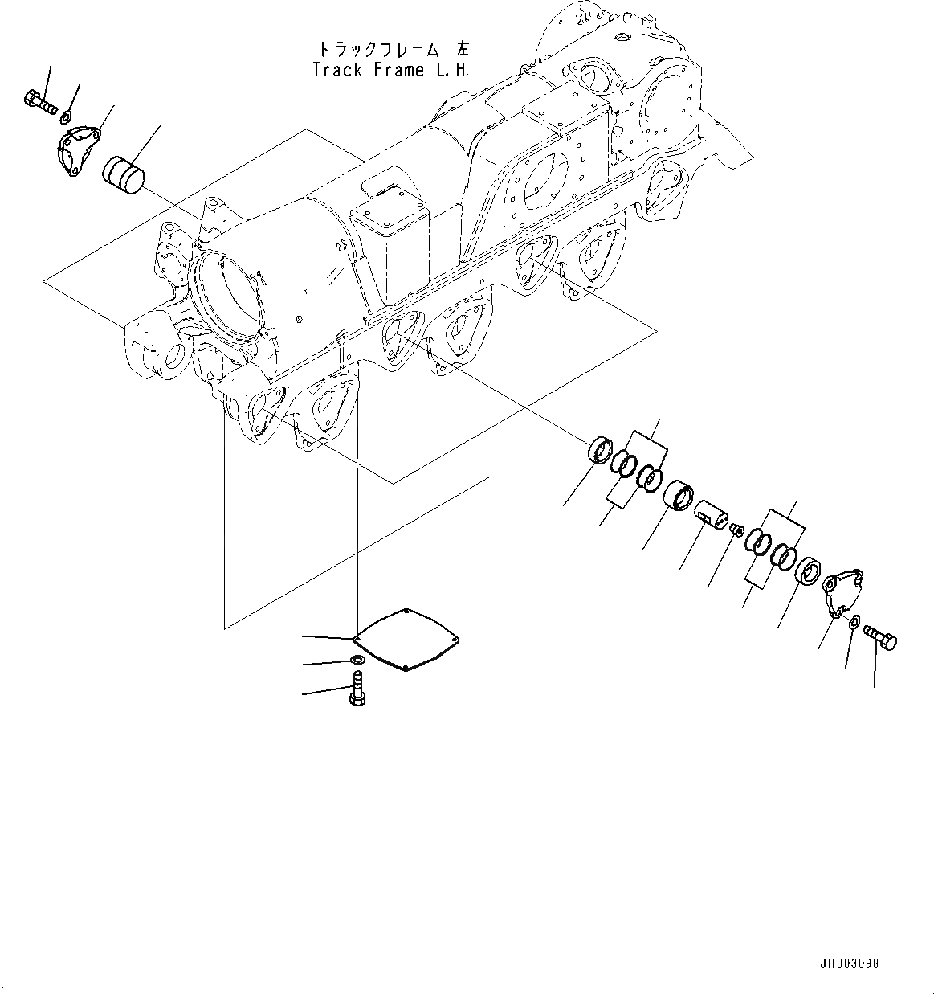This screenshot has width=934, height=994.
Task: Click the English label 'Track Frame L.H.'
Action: pyautogui.click(x=390, y=70)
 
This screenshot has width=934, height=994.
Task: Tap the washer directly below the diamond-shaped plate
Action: pyautogui.click(x=358, y=661)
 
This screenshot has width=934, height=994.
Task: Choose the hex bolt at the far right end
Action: pyautogui.click(x=880, y=639)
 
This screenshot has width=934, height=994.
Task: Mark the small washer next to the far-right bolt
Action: pyautogui.click(x=855, y=621)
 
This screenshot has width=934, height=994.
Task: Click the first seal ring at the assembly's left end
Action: pyautogui.click(x=601, y=450)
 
